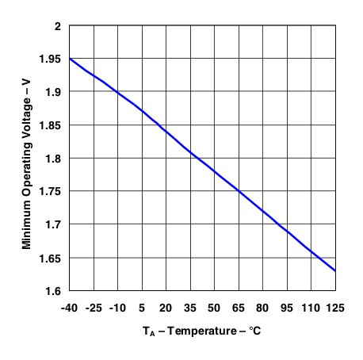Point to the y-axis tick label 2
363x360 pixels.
tap(57, 26)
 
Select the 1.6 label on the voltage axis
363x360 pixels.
tap(54, 292)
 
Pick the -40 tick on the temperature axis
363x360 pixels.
tap(71, 308)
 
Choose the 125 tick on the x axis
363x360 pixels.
tap(334, 308)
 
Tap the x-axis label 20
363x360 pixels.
tap(166, 308)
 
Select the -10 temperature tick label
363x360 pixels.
tap(117, 308)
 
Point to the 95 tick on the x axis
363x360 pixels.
tap(287, 308)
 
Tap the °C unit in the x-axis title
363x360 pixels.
tap(253, 330)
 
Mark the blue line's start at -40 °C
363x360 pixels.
tap(71, 59)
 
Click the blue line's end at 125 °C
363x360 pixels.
tap(335, 271)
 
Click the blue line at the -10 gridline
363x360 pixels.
tap(118, 93)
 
